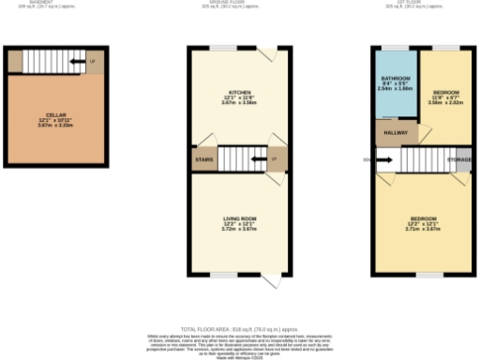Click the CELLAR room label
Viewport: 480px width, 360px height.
click(x=55, y=115)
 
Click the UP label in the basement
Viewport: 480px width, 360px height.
click(x=92, y=63)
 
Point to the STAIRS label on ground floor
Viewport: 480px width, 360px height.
click(x=205, y=160)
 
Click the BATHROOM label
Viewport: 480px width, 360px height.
click(x=395, y=79)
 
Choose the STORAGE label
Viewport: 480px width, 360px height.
click(x=459, y=160)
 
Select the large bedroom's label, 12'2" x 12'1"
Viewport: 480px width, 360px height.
click(x=424, y=219)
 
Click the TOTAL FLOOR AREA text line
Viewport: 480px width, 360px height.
click(x=240, y=329)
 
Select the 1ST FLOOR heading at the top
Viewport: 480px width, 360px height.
click(x=424, y=3)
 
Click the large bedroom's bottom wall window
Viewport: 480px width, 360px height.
click(x=429, y=275)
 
